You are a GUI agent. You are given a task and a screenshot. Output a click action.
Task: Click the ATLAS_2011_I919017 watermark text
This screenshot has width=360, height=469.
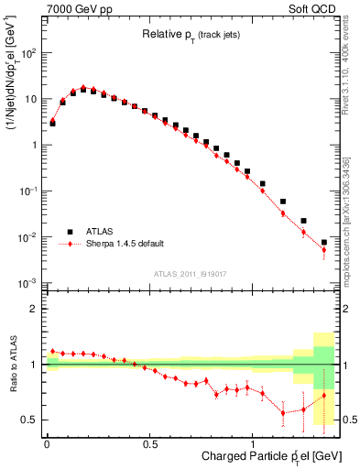coord(190,274)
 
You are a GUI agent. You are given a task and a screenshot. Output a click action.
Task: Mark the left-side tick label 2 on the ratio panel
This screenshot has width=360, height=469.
coord(35,309)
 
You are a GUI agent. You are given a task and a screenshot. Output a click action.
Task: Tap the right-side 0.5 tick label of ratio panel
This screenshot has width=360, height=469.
coord(349,420)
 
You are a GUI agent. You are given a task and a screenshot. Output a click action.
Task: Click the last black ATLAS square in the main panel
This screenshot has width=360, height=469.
coord(323,243)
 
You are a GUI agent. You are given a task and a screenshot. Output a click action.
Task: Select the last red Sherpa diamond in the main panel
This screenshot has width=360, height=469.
coord(323,250)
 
